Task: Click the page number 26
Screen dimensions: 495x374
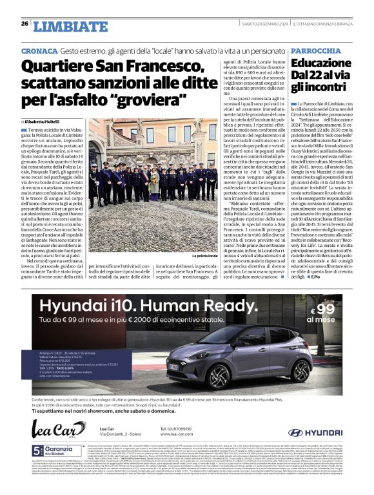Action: pyautogui.click(x=24, y=24)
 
